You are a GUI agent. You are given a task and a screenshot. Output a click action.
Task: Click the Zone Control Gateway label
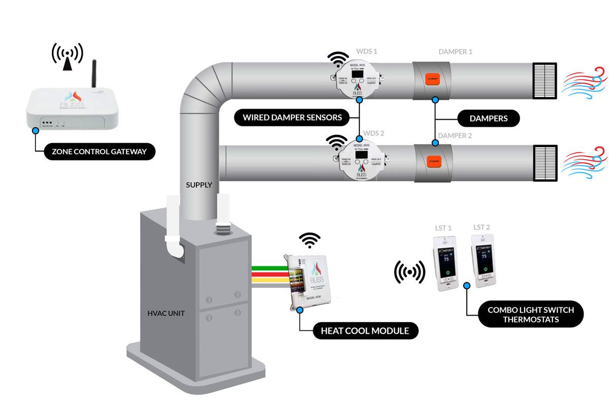(x=99, y=151)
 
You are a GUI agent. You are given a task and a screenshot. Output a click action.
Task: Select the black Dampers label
(x=489, y=118)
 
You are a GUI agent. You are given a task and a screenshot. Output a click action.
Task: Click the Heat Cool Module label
(x=364, y=331)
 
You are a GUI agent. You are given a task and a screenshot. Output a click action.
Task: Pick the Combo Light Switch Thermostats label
(x=530, y=315)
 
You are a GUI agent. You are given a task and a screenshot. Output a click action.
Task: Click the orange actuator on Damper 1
(x=433, y=80)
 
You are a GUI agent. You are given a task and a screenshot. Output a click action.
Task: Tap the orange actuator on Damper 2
(x=433, y=162)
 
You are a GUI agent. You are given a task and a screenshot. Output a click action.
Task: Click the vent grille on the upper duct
(x=544, y=81)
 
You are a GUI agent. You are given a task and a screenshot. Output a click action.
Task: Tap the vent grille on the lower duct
(x=545, y=163)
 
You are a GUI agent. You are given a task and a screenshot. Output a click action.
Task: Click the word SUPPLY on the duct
(x=199, y=185)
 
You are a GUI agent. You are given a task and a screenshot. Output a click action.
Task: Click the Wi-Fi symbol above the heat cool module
(x=310, y=239)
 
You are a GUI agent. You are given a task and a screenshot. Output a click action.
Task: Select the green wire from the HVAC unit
(x=269, y=268)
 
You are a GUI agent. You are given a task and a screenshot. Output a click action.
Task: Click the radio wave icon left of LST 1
(x=409, y=272)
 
